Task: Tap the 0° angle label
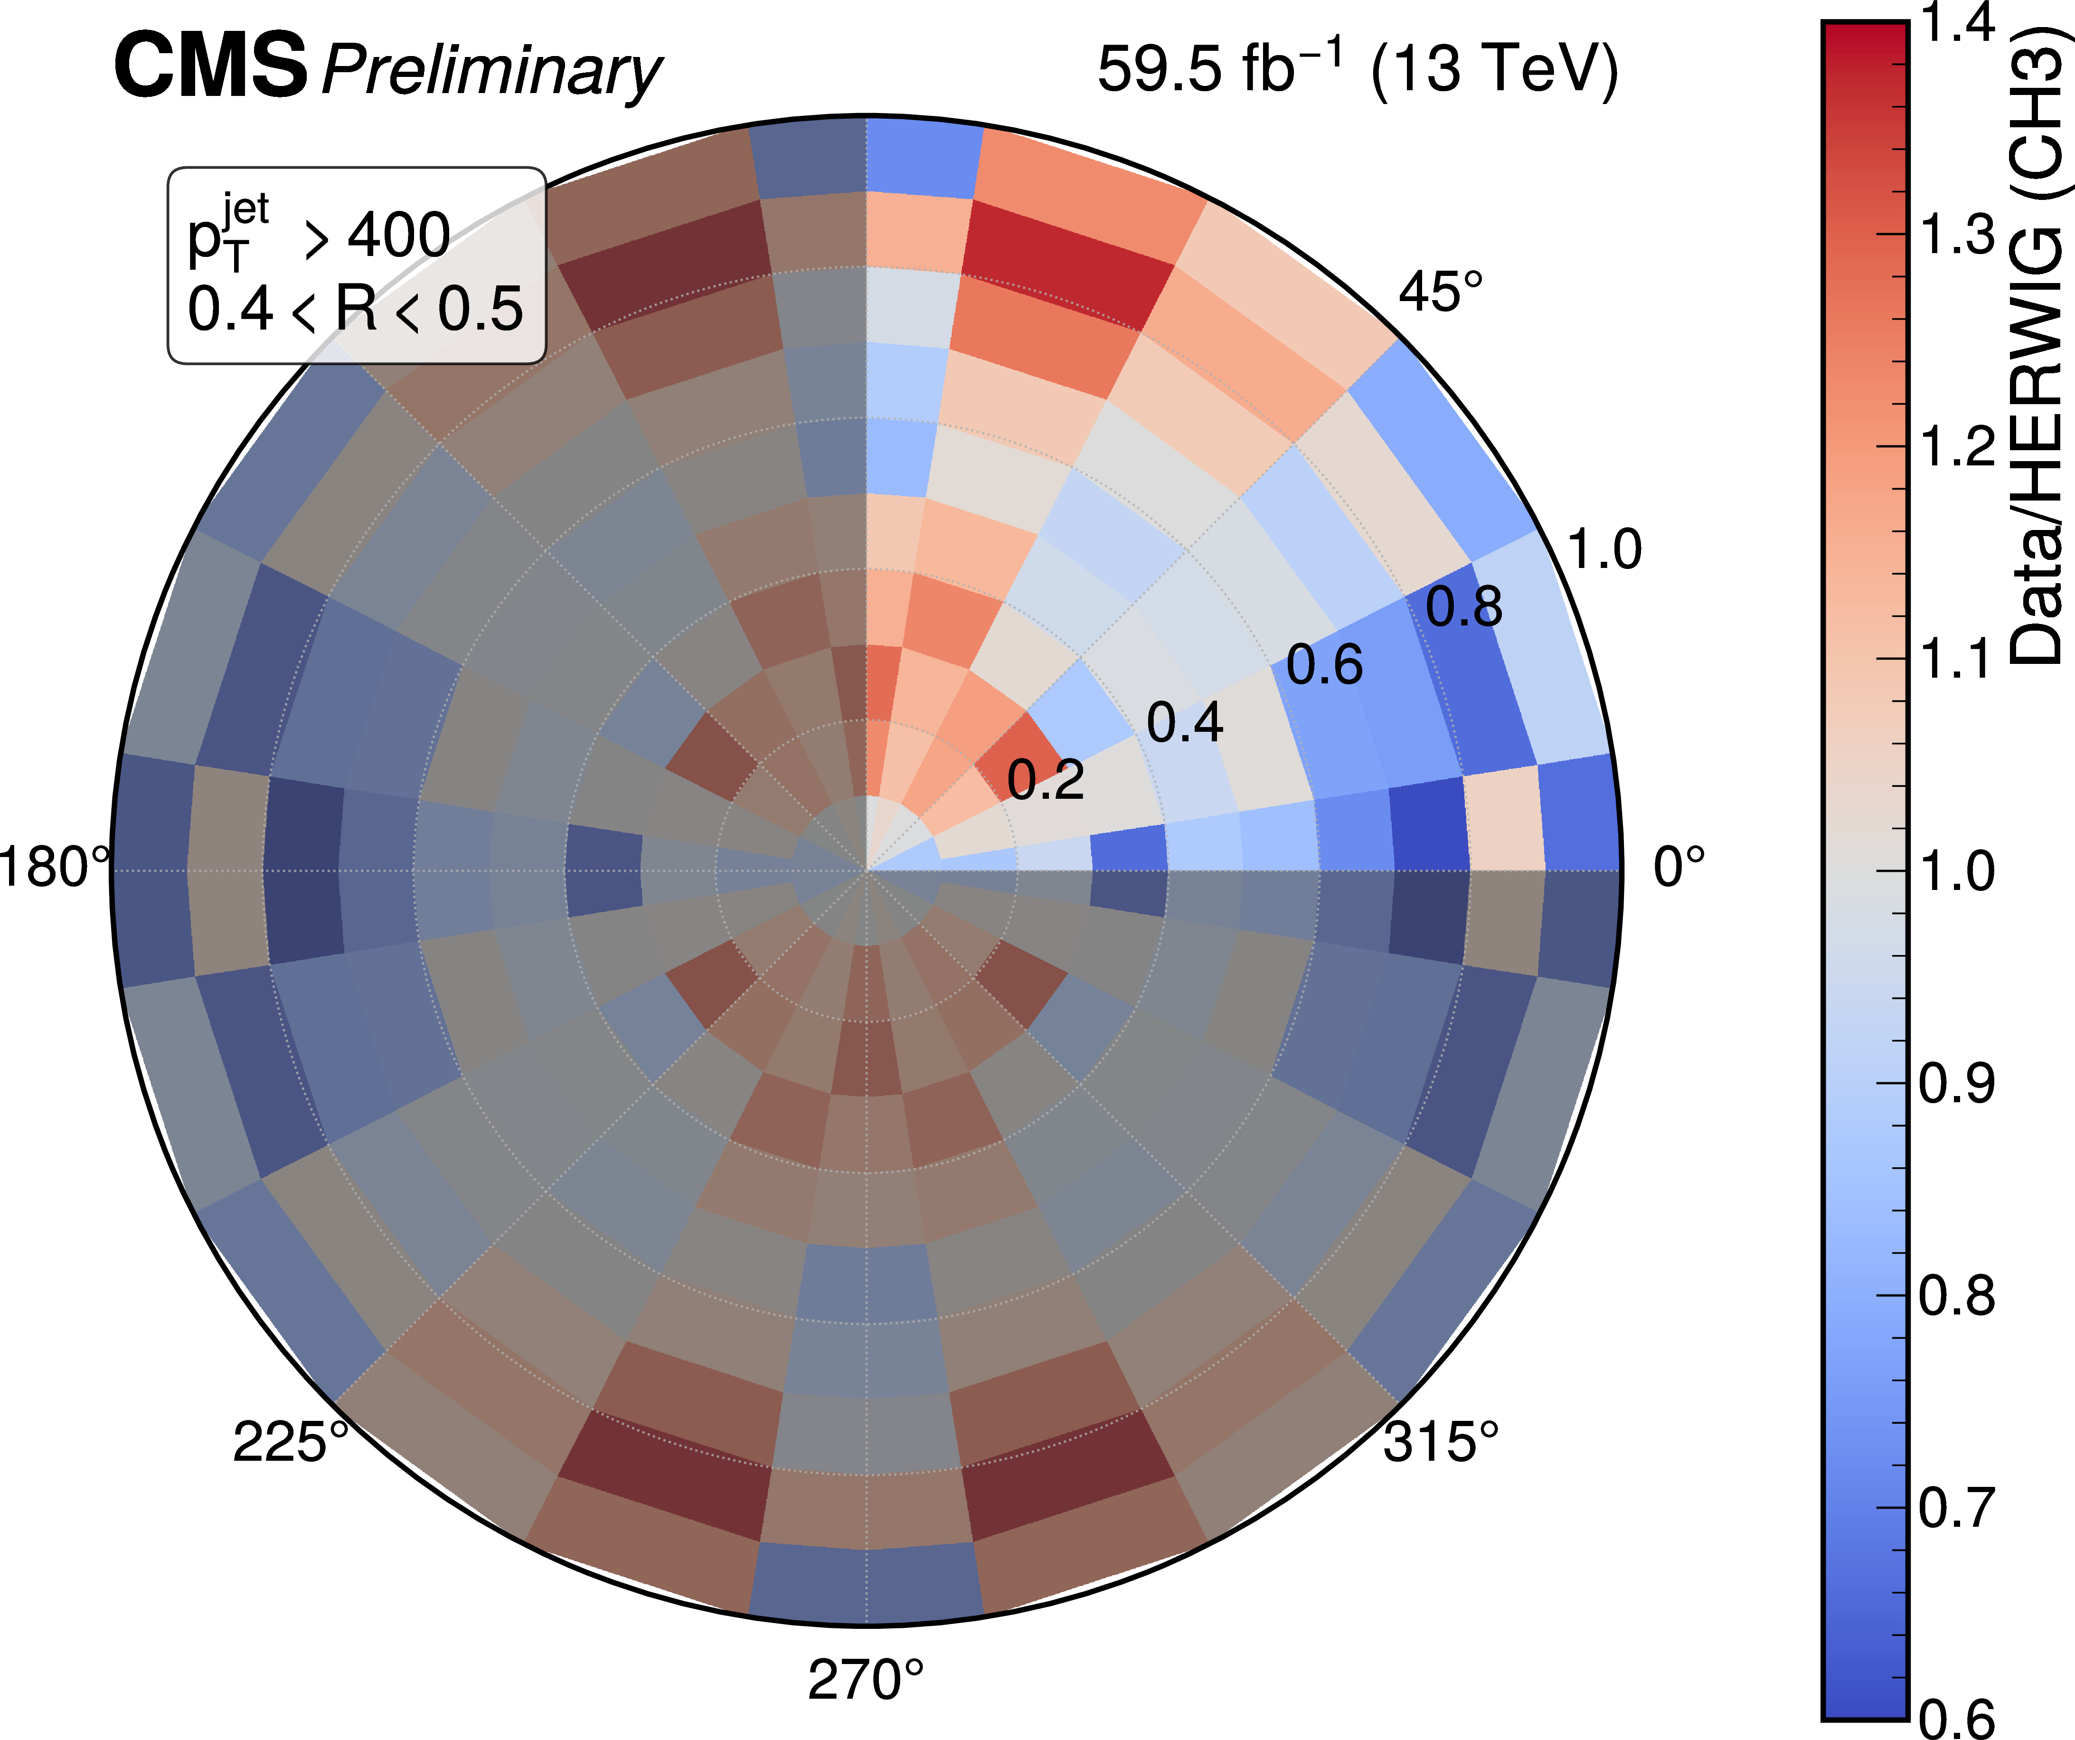tap(1679, 868)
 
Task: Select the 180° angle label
tap(54, 868)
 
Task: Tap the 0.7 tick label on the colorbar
tap(1956, 1508)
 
